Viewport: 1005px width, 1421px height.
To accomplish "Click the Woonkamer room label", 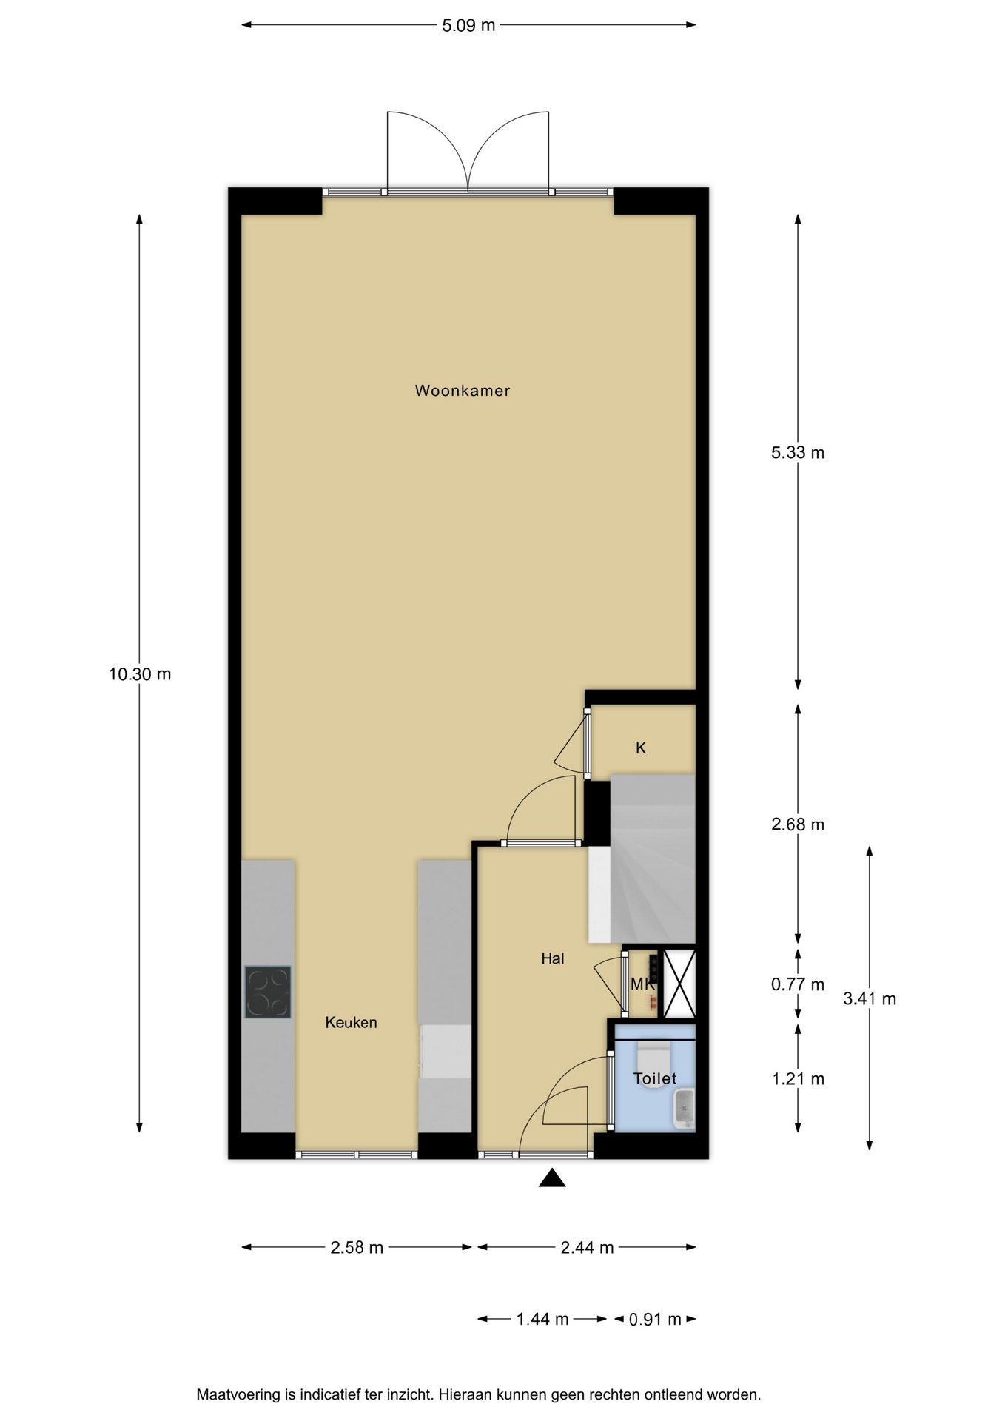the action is pos(463,391).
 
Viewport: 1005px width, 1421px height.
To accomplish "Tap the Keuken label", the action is pos(352,1022).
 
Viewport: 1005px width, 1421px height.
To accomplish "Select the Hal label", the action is pos(553,958).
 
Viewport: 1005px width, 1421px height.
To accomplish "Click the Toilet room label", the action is pos(655,1078).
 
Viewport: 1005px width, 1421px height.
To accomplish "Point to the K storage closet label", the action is pos(641,748).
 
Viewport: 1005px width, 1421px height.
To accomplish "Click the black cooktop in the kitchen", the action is pos(268,992).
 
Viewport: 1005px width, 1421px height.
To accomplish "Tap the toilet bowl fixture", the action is pos(653,1053).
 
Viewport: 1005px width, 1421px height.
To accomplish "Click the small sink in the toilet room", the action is pos(685,1109).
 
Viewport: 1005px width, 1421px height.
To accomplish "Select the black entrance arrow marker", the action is pos(552,1178).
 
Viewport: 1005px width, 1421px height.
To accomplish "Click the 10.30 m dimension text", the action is pos(140,674).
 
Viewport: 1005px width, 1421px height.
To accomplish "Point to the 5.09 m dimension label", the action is pos(468,25).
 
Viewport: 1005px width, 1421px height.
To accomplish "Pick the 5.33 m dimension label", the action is pos(798,452).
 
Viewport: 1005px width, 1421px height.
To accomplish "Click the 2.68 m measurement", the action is pos(798,824).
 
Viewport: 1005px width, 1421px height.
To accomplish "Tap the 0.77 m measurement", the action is pos(798,984).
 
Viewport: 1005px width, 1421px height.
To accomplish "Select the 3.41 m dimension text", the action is pos(870,998).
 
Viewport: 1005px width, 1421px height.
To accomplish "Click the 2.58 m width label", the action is pos(357,1247).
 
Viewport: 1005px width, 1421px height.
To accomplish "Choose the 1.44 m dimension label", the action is pos(542,1319).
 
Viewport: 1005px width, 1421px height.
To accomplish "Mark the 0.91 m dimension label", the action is pos(655,1319).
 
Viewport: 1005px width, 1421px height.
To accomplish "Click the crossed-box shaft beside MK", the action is pos(679,984).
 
